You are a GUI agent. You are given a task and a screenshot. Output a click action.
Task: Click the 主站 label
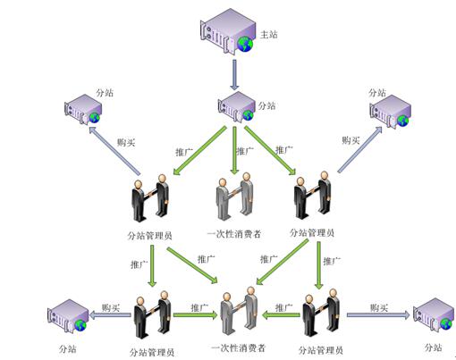tap(269, 35)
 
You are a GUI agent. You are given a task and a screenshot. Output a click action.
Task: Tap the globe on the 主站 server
tap(245, 45)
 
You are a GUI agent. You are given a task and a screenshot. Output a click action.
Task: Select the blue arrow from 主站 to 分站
tap(234, 75)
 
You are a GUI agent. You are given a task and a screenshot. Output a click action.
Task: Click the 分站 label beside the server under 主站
tap(266, 105)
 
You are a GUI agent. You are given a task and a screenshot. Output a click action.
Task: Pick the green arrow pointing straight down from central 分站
tap(235, 150)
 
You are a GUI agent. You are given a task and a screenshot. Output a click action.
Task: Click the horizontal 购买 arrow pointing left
tap(110, 315)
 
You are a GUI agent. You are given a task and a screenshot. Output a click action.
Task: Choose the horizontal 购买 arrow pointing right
tap(378, 315)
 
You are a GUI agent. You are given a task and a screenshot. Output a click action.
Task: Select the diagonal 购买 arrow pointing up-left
tap(114, 151)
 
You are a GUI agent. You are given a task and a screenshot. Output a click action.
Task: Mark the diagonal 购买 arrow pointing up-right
tap(360, 149)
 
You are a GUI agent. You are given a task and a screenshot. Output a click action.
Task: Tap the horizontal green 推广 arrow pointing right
tap(196, 315)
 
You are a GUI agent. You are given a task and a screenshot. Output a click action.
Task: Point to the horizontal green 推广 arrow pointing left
tap(281, 315)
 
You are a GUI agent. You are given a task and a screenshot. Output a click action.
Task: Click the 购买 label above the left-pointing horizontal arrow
tap(111, 307)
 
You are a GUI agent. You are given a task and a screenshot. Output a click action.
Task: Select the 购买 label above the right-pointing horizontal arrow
tap(379, 307)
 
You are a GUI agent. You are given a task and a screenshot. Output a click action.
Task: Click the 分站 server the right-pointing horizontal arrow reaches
tap(434, 315)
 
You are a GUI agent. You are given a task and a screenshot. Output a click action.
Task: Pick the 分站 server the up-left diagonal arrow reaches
tap(83, 109)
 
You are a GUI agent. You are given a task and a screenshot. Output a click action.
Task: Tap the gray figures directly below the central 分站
tap(234, 197)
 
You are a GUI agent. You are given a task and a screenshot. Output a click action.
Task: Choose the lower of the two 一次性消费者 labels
tap(238, 347)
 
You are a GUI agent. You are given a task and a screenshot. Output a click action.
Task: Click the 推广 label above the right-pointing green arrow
tap(199, 307)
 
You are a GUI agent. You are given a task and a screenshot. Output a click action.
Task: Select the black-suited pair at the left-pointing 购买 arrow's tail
tap(152, 314)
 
